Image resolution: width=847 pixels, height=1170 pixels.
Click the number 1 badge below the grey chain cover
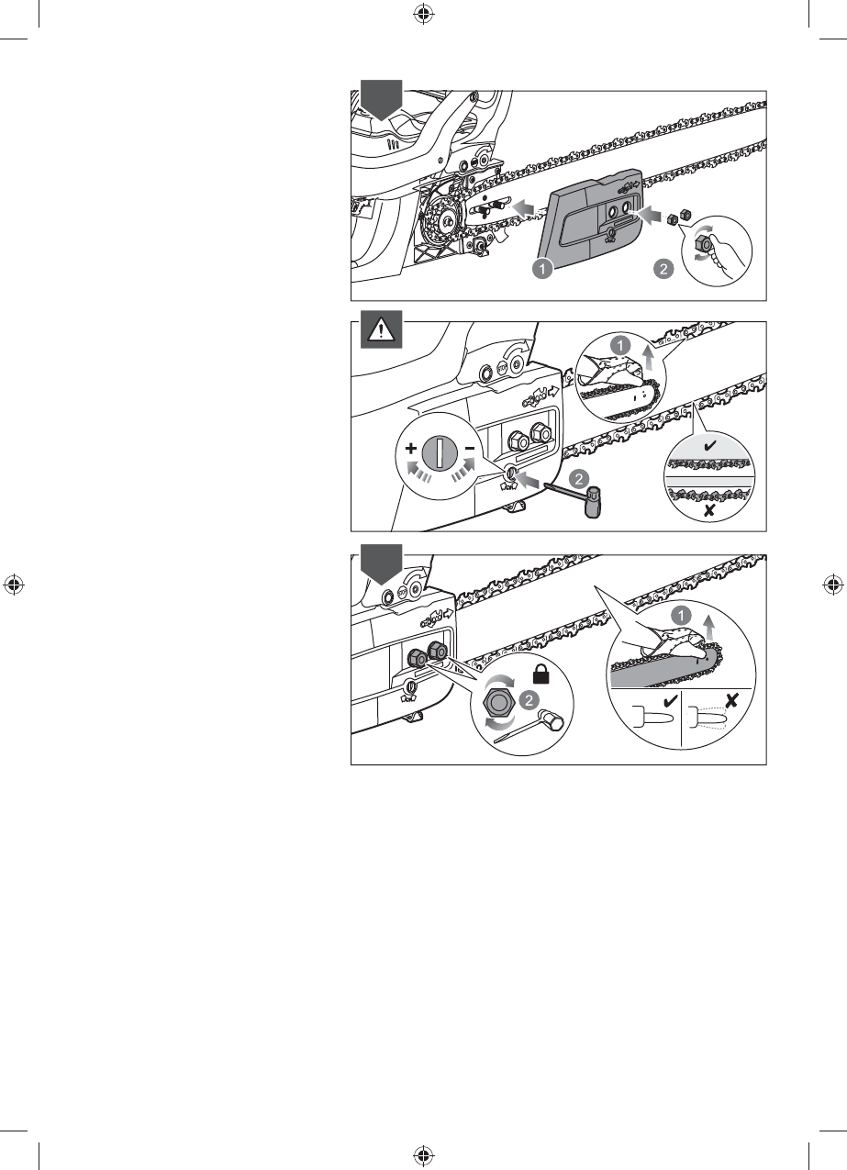click(543, 268)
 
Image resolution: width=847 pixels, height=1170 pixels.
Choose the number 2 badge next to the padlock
click(527, 699)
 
